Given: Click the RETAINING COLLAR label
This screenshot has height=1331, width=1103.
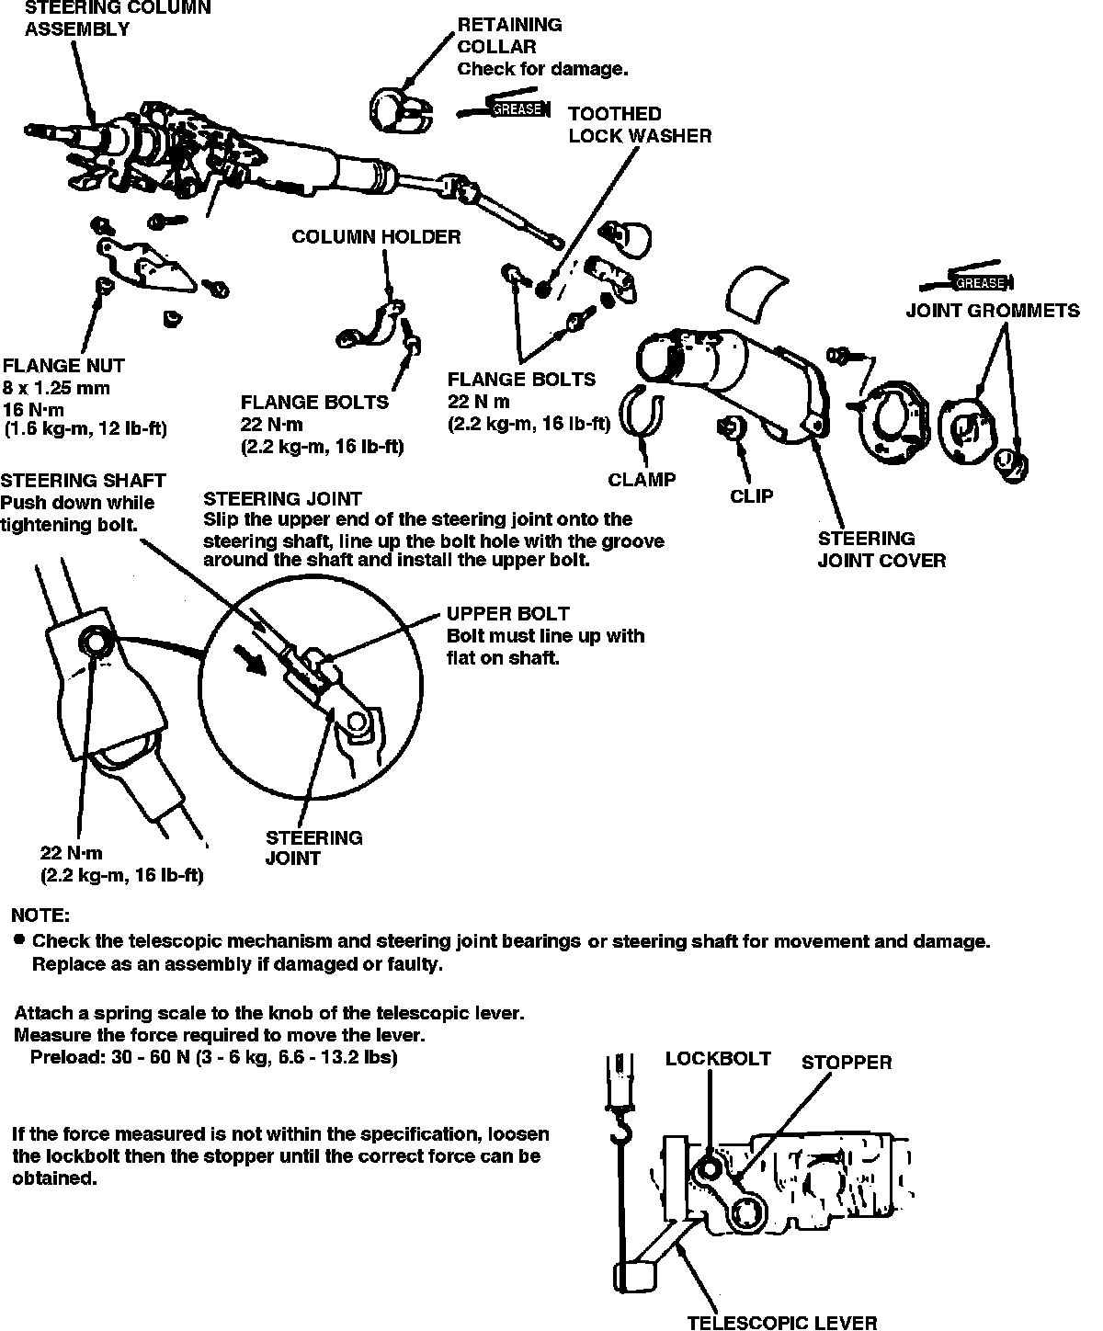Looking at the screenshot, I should pos(509,35).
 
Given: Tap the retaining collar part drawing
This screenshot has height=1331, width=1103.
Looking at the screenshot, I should pos(397,111).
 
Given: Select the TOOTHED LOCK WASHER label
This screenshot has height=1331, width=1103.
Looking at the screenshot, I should pos(639,125).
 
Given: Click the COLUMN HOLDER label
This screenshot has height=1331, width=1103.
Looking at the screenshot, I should pos(376,237).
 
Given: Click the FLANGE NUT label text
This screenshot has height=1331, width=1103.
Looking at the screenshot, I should pos(63,366).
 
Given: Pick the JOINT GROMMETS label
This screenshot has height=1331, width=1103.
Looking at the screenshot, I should pos(992,311).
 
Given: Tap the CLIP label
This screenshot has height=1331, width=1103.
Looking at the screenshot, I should pos(751,496).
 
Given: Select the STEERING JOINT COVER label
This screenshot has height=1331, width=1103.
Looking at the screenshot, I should pos(881,549).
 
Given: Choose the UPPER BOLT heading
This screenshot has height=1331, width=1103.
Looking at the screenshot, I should pos(507,614).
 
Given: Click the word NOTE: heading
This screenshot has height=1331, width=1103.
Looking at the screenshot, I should pos(40,916).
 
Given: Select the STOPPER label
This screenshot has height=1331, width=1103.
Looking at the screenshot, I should pos(846,1063).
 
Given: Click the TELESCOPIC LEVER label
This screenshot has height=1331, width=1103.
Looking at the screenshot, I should pos(781,1323).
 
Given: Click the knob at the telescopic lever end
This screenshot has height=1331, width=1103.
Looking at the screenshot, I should pos(634,1277).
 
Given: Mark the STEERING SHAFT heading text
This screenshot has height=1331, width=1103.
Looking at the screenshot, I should pos(83,481).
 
